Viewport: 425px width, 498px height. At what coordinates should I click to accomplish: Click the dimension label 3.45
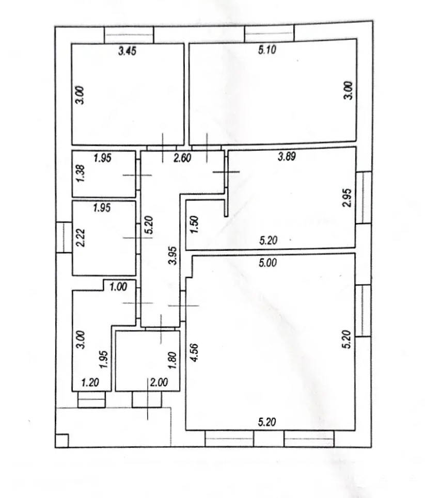point(127,51)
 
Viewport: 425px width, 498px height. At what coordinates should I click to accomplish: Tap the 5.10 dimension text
point(267,50)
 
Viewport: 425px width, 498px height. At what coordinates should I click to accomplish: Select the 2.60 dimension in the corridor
point(182,158)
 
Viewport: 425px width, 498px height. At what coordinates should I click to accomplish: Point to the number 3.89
point(287,156)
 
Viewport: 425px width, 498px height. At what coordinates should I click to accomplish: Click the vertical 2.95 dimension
point(348,198)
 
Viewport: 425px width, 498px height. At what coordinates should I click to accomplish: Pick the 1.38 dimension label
point(81,173)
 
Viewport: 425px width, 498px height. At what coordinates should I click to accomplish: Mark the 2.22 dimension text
point(81,237)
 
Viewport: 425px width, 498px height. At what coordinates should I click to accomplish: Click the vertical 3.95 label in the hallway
point(172,255)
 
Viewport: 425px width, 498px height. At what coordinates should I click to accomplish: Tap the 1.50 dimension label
point(194,224)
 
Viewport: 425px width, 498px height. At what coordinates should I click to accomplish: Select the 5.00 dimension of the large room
point(267,263)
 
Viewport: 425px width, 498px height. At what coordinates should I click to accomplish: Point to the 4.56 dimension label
point(194,352)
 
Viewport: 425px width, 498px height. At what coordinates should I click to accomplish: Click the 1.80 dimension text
point(172,360)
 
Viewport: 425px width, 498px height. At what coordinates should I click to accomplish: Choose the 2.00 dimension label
point(159,382)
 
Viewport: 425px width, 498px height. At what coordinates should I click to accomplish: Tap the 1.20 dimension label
point(90,382)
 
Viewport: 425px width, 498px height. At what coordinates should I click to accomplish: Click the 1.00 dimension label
point(118,287)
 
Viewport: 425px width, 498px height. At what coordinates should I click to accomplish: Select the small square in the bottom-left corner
point(61,441)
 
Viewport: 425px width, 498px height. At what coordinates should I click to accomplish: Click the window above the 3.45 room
point(129,35)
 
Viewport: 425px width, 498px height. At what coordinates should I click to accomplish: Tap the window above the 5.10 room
point(269,34)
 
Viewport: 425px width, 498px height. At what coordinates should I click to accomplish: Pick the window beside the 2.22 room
point(64,237)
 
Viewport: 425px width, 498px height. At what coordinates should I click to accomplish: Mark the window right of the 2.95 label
point(364,198)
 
